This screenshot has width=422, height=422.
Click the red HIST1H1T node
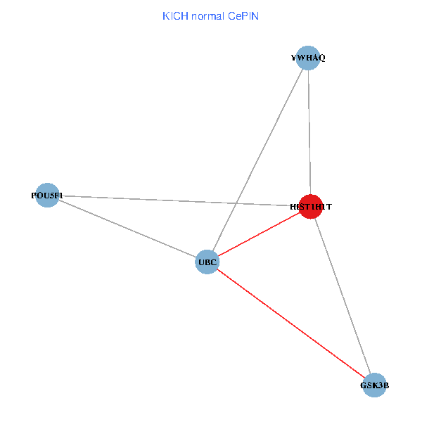(311, 206)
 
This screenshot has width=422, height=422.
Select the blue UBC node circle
(207, 262)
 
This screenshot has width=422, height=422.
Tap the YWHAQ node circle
(308, 58)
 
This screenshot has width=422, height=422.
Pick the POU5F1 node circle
(47, 195)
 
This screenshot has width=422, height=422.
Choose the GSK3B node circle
(374, 385)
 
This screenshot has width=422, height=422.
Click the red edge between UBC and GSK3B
(291, 324)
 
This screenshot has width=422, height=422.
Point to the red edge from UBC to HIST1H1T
(259, 234)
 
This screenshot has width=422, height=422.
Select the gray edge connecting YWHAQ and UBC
(257, 160)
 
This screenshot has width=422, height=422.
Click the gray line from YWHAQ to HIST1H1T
(309, 132)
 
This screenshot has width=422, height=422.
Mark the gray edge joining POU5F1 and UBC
(127, 229)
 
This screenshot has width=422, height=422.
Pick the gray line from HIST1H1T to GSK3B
(343, 296)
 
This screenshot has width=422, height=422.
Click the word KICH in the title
(175, 16)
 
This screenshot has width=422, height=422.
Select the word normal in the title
(207, 16)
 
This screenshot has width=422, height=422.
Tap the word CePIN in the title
(243, 16)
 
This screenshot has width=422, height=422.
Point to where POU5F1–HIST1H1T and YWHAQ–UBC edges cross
(236, 203)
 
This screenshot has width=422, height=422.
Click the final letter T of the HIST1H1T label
(329, 207)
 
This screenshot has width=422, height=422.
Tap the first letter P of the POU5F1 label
(34, 196)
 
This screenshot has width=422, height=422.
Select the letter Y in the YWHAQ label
(293, 58)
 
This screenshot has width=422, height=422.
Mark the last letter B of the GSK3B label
(386, 385)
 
